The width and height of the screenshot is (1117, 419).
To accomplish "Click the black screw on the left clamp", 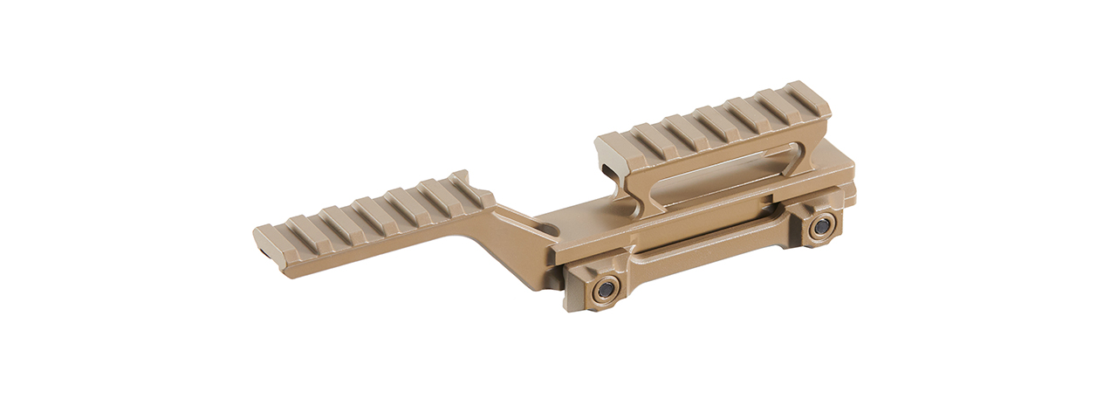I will click(x=604, y=290).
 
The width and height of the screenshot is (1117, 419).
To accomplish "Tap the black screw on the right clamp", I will click(x=820, y=227).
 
